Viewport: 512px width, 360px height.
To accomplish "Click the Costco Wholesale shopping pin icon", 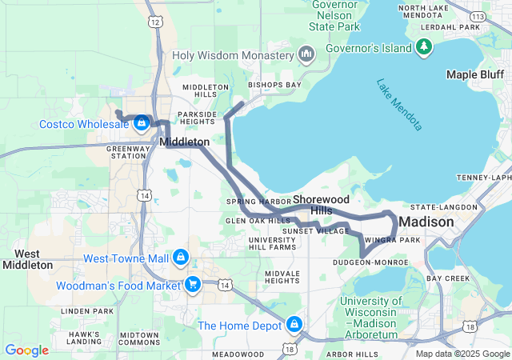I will (x=142, y=122).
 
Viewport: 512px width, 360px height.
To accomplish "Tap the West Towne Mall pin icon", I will (x=181, y=258).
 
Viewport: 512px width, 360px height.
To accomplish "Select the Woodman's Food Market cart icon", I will (x=192, y=285).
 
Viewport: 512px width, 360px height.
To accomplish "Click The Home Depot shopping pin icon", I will (x=294, y=324).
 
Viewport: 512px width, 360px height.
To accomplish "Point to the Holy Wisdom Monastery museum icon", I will (x=306, y=55).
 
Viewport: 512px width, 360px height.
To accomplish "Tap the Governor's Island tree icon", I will (x=424, y=48).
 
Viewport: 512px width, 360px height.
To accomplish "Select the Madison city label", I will (x=426, y=221).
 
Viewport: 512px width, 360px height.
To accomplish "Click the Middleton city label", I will (x=185, y=142).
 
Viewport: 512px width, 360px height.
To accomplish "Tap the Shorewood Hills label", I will (x=323, y=204).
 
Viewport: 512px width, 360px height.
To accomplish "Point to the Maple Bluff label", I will (x=473, y=74).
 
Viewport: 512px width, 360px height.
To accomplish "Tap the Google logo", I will (x=26, y=350).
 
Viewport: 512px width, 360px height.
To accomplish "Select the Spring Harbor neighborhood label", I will (x=257, y=201).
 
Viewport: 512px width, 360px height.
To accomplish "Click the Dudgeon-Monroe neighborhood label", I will (x=370, y=261).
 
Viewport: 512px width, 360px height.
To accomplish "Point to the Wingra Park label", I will (x=392, y=239).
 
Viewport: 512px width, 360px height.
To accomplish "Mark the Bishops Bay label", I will (x=274, y=84).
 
